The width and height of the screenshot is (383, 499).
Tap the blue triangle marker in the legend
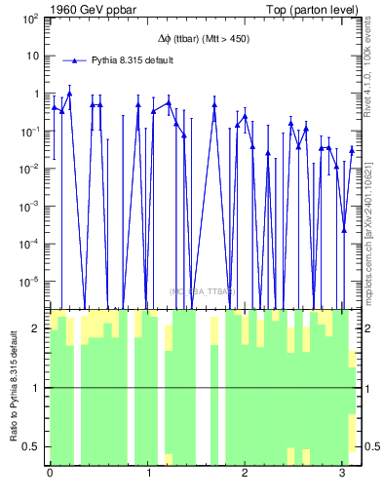(x=82, y=60)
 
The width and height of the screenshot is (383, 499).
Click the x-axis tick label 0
(x=50, y=475)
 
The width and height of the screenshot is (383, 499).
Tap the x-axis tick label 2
(x=246, y=475)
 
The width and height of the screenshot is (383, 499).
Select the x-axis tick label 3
(x=343, y=475)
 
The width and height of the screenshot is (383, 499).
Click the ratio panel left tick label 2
(x=37, y=328)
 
